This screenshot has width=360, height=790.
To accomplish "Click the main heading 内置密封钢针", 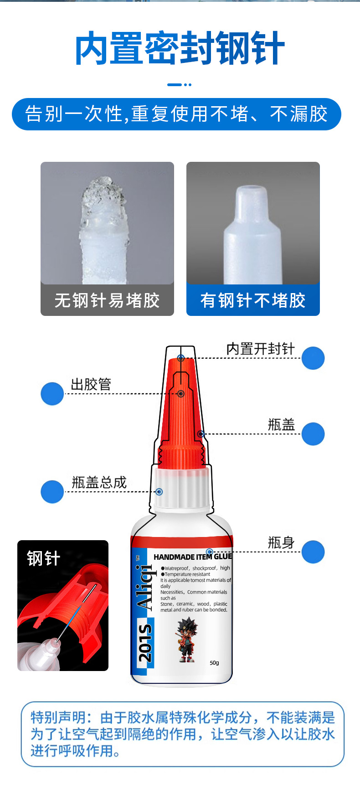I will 180,48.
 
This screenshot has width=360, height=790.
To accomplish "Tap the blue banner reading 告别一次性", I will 176,114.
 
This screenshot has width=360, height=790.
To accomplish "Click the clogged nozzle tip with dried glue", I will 103,201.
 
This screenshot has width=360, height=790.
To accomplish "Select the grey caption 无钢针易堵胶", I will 107,300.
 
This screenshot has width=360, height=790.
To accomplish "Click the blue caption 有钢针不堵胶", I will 253,300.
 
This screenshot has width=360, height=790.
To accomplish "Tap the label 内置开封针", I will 260,349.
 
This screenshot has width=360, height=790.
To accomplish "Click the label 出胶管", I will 91,384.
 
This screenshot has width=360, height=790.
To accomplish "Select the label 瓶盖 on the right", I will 281,425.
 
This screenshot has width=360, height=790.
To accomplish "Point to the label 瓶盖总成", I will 99,482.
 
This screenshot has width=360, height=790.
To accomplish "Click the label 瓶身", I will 281,543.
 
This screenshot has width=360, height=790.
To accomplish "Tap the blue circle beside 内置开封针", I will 313,358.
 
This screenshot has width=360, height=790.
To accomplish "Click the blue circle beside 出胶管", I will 52,393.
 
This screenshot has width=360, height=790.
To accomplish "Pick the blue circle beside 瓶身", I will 313,552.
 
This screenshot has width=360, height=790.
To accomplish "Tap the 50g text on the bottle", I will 214,663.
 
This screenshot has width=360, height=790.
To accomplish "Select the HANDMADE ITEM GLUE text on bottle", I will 193,557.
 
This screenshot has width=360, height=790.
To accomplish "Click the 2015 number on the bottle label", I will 145,643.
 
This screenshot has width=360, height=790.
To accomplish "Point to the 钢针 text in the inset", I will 43,558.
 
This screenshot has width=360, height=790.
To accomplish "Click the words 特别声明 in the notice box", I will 58,718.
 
